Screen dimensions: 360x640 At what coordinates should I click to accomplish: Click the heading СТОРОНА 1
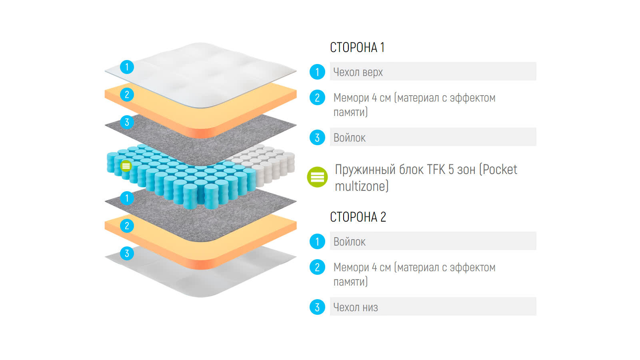357,48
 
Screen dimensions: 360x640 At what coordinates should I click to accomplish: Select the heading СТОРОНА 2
358,217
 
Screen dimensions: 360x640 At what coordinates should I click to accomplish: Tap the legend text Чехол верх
358,72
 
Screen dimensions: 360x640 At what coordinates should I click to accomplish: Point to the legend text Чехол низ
356,308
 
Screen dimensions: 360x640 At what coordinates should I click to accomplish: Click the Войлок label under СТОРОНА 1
350,138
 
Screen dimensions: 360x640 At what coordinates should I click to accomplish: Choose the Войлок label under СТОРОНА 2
350,242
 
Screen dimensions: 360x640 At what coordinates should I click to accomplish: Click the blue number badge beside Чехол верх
317,72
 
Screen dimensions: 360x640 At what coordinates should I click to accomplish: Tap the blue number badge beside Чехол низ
317,307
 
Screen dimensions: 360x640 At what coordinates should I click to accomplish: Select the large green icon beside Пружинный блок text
317,177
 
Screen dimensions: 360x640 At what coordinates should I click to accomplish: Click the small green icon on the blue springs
126,166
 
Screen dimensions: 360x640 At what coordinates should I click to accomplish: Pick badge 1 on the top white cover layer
127,67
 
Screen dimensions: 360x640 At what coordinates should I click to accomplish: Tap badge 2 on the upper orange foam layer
127,95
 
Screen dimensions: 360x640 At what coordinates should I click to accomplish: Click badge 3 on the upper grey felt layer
127,122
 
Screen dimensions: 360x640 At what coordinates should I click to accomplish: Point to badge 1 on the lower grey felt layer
127,198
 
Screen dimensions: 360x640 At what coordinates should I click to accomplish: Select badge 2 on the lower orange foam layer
127,226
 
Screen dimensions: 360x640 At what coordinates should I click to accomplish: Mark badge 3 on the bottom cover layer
127,253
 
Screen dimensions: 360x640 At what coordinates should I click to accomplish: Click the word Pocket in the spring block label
500,170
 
